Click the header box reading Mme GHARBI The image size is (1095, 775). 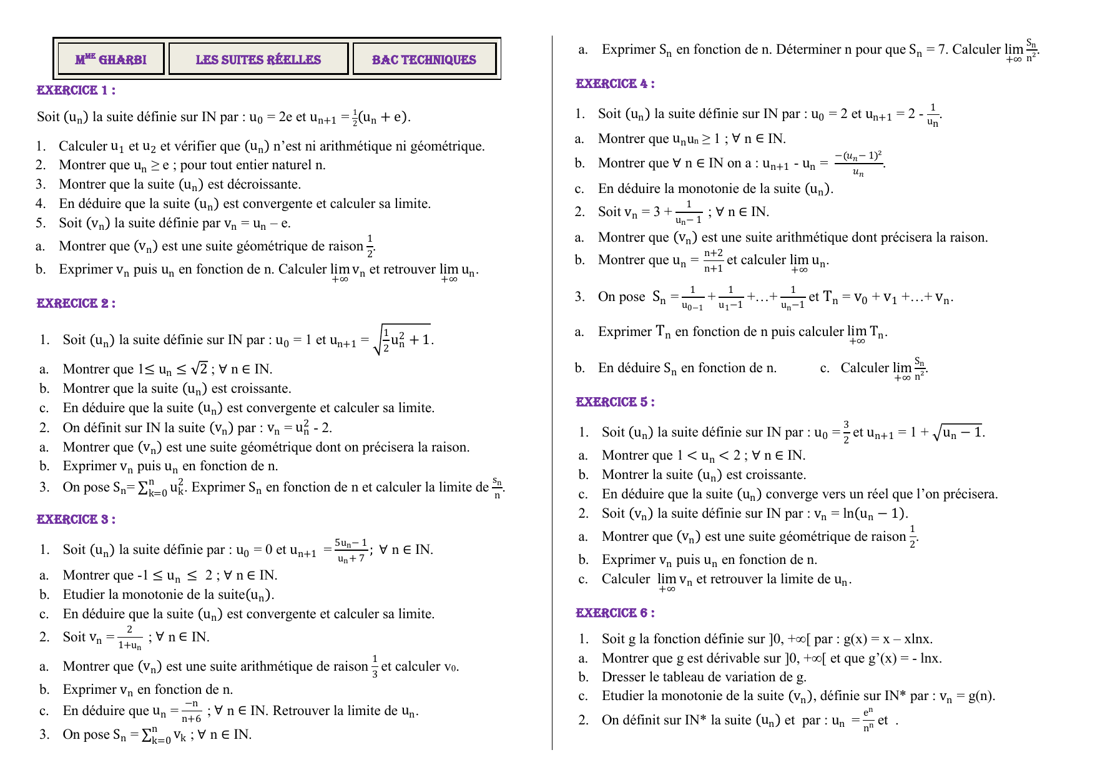110,59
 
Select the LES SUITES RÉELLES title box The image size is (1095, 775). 258,59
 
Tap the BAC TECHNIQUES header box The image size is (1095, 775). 424,59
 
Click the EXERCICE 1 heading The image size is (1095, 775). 76,91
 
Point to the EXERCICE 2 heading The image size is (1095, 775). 76,304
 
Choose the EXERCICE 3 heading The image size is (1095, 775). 76,520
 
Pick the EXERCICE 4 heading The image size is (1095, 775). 615,84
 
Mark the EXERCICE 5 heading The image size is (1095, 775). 615,402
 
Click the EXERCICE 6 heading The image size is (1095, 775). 615,613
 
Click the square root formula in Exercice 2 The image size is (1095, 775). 403,339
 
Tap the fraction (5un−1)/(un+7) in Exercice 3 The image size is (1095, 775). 351,550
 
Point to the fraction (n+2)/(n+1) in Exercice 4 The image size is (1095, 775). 713,260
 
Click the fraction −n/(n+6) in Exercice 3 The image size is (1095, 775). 192,711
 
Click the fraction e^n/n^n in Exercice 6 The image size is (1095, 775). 868,720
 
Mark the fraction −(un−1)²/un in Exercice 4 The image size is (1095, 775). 858,164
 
